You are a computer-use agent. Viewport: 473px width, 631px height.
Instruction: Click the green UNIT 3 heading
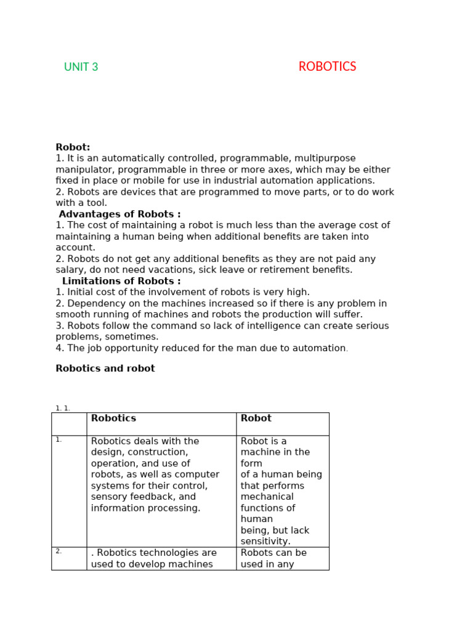(x=81, y=67)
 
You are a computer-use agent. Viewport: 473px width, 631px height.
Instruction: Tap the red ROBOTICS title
(x=327, y=67)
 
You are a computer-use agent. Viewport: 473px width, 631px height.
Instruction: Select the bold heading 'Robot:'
(x=73, y=147)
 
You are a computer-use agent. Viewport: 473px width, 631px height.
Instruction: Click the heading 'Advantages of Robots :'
(x=119, y=214)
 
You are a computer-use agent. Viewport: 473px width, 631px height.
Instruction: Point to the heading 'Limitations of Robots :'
(x=121, y=282)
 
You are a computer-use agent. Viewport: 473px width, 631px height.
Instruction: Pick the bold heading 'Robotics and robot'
(x=105, y=368)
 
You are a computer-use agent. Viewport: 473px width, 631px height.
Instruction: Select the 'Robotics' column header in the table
(x=113, y=418)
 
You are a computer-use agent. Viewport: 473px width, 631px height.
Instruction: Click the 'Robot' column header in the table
(x=256, y=418)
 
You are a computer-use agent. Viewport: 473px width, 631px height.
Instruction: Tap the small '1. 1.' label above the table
(x=63, y=408)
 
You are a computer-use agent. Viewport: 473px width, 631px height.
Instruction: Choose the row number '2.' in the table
(x=59, y=551)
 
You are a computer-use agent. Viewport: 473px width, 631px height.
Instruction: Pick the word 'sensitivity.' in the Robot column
(x=265, y=542)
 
